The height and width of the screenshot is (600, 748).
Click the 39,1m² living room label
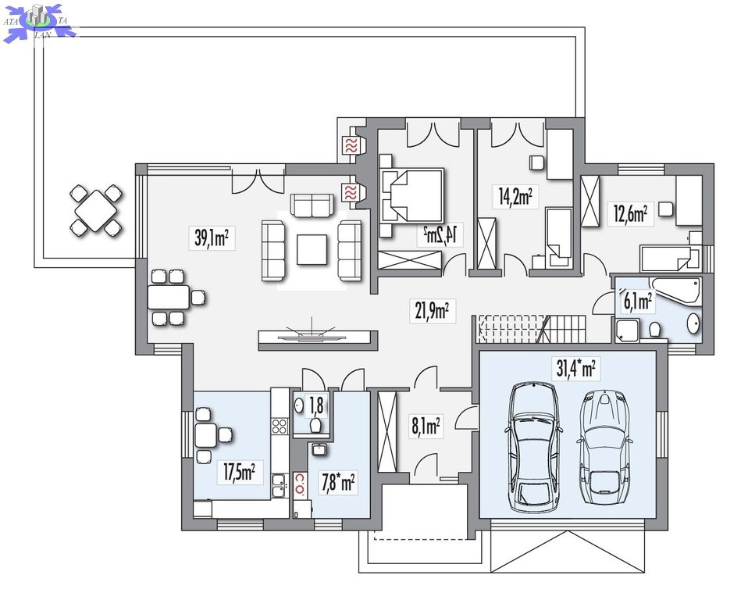(x=212, y=237)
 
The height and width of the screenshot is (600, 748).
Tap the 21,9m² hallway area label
(x=432, y=311)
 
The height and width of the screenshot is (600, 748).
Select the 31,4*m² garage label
(x=575, y=369)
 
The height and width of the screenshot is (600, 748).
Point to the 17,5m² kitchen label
(x=240, y=473)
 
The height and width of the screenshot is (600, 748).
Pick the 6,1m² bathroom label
(x=637, y=302)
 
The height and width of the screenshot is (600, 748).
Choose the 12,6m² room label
(x=630, y=214)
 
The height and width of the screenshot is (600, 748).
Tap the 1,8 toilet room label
(x=316, y=405)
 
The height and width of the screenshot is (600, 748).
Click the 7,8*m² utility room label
(x=338, y=483)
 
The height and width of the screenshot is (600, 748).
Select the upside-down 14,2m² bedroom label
(x=440, y=234)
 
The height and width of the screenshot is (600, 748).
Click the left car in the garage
(x=533, y=447)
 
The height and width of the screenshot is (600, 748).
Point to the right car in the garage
(x=604, y=447)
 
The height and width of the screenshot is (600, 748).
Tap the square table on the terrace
(x=96, y=210)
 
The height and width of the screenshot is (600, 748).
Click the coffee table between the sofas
(x=312, y=250)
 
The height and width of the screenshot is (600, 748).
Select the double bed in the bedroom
(x=412, y=195)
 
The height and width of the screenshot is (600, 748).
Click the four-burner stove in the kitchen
(x=280, y=427)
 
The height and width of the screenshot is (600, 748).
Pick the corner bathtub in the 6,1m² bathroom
(x=676, y=290)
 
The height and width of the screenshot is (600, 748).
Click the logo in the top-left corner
(x=39, y=21)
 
